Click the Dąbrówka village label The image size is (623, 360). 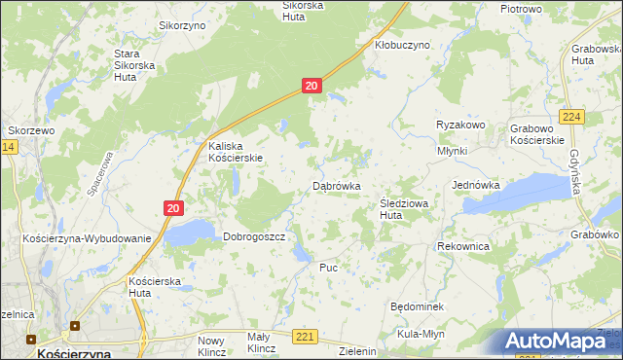337,185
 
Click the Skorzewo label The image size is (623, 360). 31,129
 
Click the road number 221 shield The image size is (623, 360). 306,337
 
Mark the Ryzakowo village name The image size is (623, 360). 460,125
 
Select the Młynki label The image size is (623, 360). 453,151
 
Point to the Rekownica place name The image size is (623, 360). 463,247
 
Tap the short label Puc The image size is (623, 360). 328,267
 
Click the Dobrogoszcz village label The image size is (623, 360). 253,236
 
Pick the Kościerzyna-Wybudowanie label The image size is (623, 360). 88,238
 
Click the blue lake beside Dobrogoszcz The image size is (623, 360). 190,232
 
